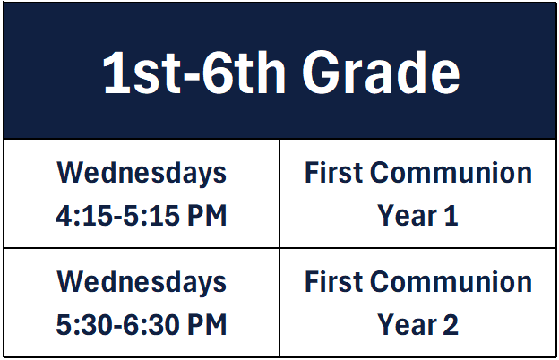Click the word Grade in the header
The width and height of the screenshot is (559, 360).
[381, 73]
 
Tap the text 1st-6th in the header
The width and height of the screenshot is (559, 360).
[194, 73]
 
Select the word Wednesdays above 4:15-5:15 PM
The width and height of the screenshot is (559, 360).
[142, 173]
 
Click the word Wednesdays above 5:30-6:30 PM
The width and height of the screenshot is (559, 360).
[142, 282]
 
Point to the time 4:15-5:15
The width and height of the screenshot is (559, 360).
[117, 216]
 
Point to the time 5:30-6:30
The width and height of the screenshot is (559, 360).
[117, 325]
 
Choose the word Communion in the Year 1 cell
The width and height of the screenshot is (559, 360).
[451, 173]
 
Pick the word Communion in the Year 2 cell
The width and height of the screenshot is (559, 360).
[451, 281]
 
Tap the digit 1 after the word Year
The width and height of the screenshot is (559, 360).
[451, 216]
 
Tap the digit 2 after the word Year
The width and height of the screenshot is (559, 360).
[451, 325]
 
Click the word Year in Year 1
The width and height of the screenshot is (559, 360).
[407, 216]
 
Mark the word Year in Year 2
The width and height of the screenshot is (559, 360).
[407, 325]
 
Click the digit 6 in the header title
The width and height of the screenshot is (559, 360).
[217, 73]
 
